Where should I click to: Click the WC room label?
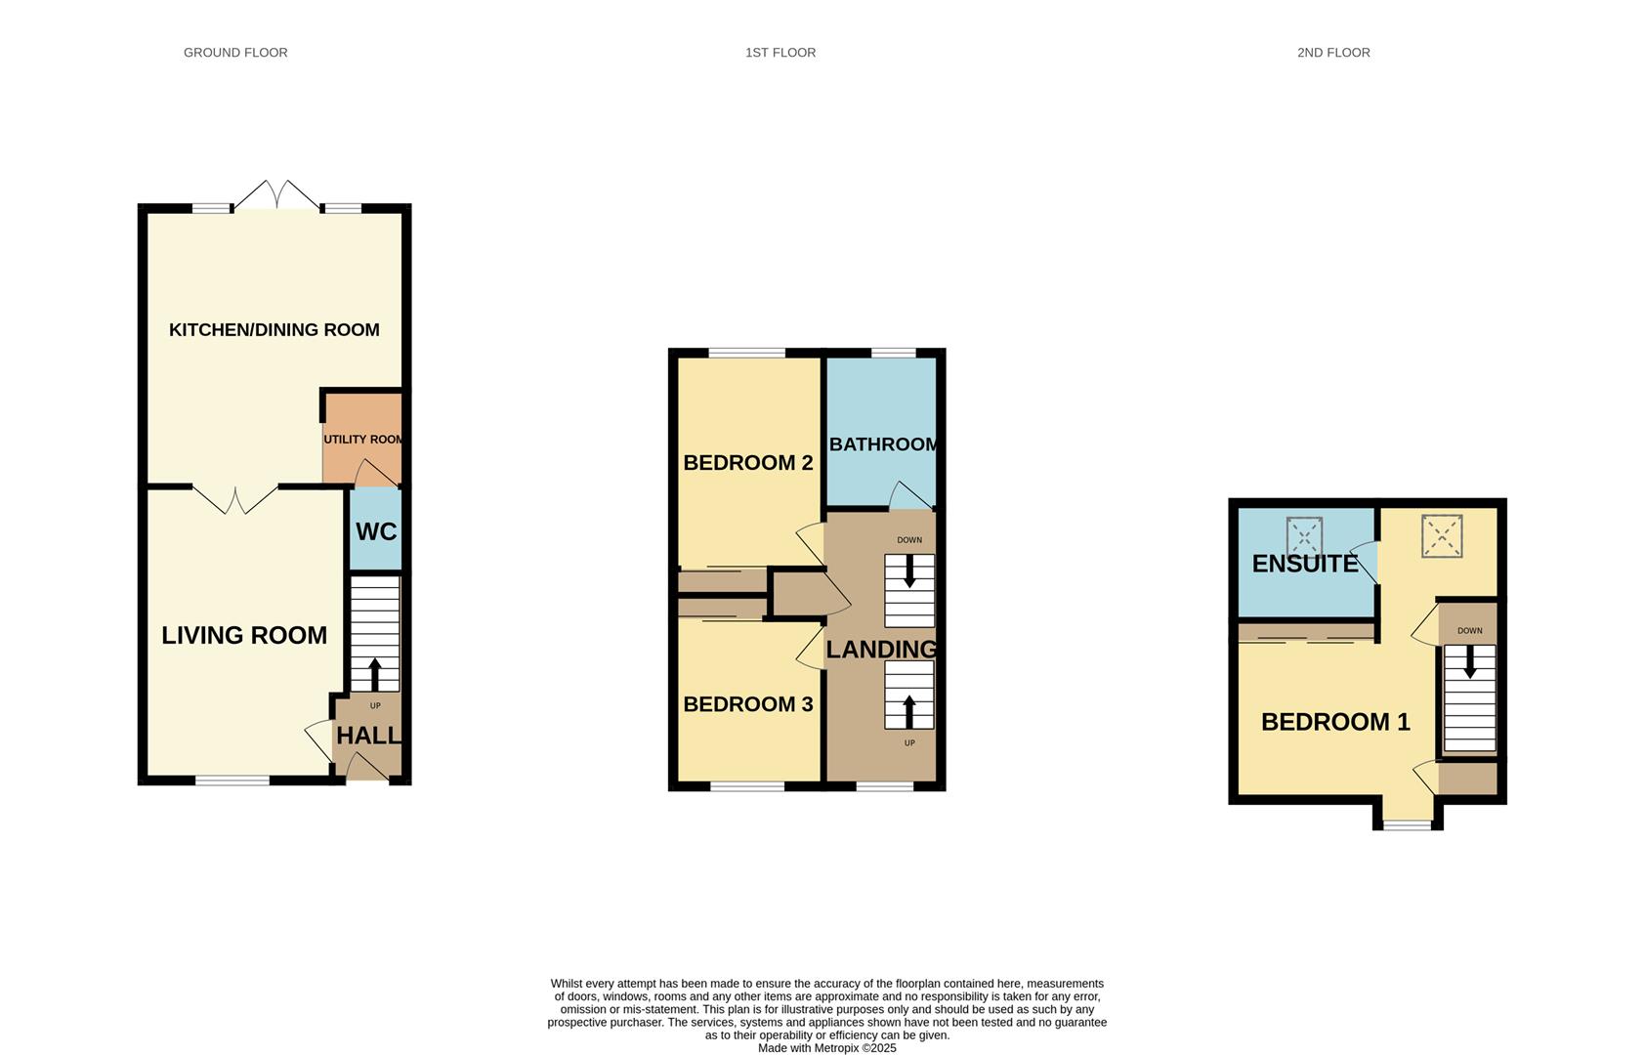point(376,531)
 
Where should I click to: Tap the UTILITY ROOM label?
point(363,440)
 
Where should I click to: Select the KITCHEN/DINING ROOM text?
point(274,330)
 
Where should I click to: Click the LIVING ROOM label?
point(244,635)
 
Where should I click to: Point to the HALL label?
point(368,736)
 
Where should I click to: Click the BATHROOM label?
point(883,444)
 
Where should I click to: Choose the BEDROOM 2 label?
point(748,463)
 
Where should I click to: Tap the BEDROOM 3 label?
point(748,704)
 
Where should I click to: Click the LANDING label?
point(881,650)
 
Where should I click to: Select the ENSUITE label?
point(1305,564)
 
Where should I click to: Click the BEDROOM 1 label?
point(1335,722)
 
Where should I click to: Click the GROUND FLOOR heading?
point(235,53)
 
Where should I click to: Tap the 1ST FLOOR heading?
point(780,53)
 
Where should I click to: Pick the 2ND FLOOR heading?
point(1333,53)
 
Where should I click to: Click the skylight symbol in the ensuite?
point(1304,536)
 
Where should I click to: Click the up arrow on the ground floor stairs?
point(374,674)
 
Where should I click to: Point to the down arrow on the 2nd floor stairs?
point(1470,664)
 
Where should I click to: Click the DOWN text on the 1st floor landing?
point(909,540)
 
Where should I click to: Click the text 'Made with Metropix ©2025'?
point(827,1048)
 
